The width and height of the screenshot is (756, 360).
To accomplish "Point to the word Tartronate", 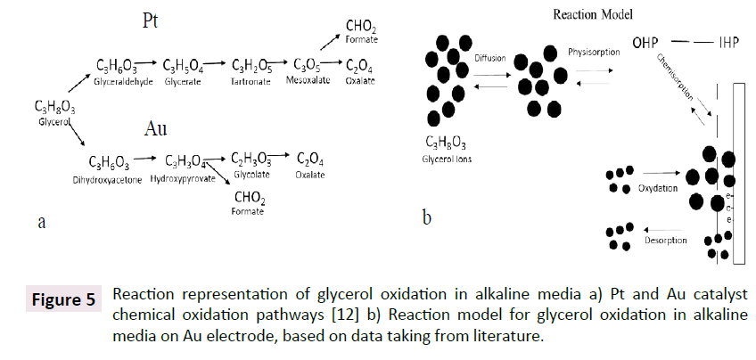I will pyautogui.click(x=251, y=79).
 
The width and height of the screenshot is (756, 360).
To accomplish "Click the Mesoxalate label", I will pyautogui.click(x=305, y=79).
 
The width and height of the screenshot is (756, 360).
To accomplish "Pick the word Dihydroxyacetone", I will pyautogui.click(x=111, y=178).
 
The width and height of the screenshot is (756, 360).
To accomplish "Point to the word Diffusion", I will pyautogui.click(x=490, y=57).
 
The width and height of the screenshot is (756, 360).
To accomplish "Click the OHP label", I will pyautogui.click(x=648, y=42).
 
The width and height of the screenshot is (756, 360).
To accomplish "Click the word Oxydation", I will pyautogui.click(x=657, y=189).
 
